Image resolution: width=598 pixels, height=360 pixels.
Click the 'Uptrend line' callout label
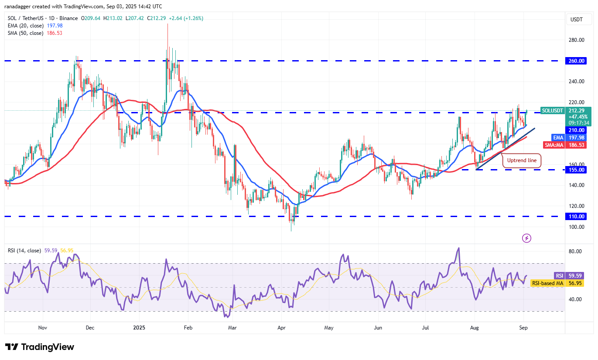[x=522, y=160]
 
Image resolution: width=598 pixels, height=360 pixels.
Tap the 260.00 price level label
[x=577, y=61]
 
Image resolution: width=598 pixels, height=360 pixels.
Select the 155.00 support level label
[x=577, y=170]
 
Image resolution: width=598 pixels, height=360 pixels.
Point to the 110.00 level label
[x=577, y=216]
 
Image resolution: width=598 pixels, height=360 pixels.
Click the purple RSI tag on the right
[x=560, y=275]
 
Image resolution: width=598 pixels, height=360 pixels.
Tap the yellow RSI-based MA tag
[x=547, y=283]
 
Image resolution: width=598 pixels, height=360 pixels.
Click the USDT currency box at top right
[x=577, y=19]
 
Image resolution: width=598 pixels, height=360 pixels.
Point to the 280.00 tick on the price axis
[x=576, y=40]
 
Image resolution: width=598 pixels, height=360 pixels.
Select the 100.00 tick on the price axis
[x=576, y=227]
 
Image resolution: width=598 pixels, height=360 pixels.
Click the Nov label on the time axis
[x=42, y=327]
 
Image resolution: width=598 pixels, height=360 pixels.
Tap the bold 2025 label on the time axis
[x=140, y=327]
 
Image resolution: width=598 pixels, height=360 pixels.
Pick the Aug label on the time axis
[x=475, y=327]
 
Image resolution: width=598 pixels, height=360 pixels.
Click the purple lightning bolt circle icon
[x=526, y=238]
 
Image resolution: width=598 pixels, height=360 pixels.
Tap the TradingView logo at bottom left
[x=40, y=347]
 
